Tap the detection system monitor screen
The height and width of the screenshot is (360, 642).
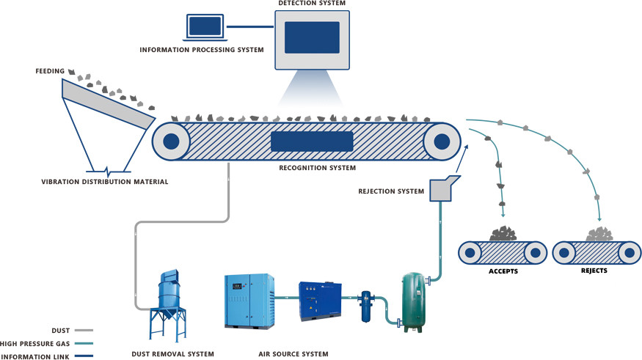pyautogui.click(x=312, y=38)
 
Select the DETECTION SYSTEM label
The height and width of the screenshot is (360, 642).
pyautogui.click(x=312, y=4)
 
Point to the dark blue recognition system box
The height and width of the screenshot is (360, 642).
pyautogui.click(x=312, y=142)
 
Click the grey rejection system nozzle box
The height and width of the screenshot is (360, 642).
pyautogui.click(x=442, y=188)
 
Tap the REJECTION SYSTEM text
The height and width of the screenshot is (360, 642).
pyautogui.click(x=391, y=192)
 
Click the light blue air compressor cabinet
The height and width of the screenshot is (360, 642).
pyautogui.click(x=249, y=301)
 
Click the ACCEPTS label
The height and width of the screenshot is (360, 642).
pyautogui.click(x=503, y=271)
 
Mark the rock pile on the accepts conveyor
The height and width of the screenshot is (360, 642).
pyautogui.click(x=503, y=234)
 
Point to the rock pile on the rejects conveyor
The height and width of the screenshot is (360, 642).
pyautogui.click(x=599, y=234)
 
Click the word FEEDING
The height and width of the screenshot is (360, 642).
pyautogui.click(x=50, y=71)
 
